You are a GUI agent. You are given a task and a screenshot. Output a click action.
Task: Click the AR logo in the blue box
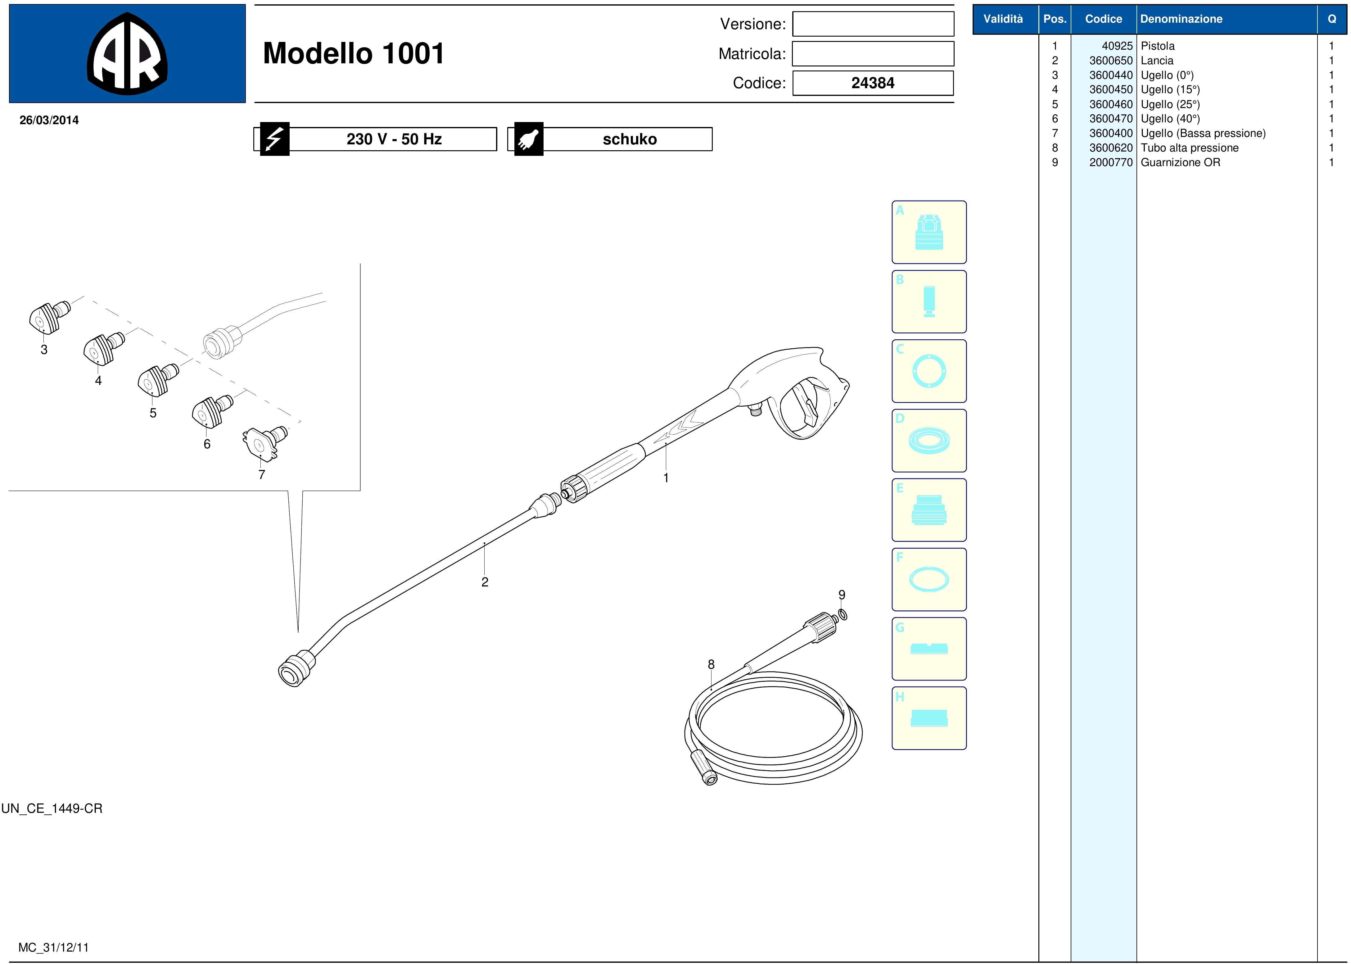(x=127, y=53)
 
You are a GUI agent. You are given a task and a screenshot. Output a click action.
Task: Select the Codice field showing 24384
(x=873, y=83)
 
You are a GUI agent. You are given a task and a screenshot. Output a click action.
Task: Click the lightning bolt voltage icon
(x=274, y=139)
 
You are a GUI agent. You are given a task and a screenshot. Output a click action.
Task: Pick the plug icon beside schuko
(x=528, y=139)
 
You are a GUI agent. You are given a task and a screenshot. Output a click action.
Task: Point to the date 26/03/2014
(x=49, y=120)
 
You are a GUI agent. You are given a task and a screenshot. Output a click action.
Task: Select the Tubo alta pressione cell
(x=1190, y=148)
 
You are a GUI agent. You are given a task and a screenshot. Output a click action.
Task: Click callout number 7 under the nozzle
(x=261, y=474)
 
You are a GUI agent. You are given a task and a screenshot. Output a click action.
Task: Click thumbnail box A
(x=929, y=232)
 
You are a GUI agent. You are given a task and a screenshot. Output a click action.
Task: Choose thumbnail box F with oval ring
(x=929, y=579)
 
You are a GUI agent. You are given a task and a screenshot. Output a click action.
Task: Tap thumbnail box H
(x=929, y=718)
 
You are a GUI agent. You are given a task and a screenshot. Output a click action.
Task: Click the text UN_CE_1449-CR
(x=52, y=808)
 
